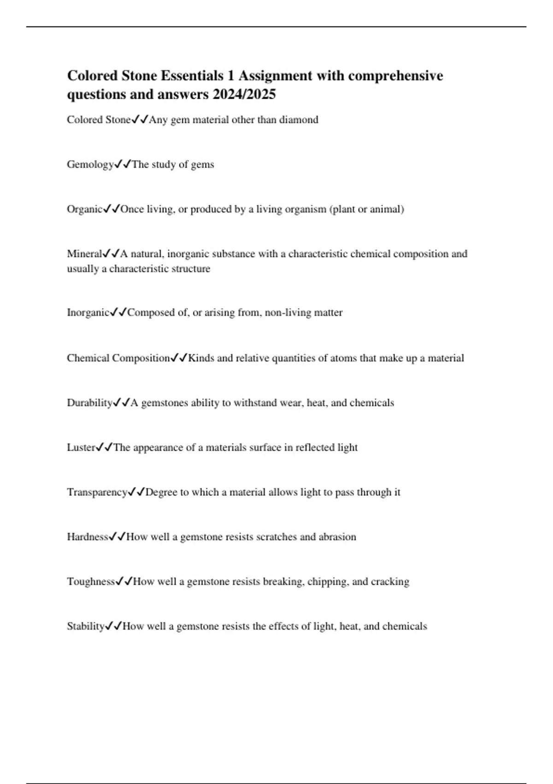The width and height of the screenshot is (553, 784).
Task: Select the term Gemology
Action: click(90, 165)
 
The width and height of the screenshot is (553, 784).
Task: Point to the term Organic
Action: click(84, 209)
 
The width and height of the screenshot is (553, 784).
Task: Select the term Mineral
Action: click(84, 254)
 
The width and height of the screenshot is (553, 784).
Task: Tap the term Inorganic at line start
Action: click(88, 313)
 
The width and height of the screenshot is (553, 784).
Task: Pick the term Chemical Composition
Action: click(118, 358)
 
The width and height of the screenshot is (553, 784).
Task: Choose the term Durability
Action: click(89, 403)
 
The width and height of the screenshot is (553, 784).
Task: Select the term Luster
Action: click(81, 448)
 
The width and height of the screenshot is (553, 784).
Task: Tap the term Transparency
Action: click(97, 493)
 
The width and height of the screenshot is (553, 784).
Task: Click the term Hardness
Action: click(88, 537)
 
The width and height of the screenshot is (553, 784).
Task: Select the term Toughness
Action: click(91, 582)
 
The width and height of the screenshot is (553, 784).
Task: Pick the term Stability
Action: click(86, 627)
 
